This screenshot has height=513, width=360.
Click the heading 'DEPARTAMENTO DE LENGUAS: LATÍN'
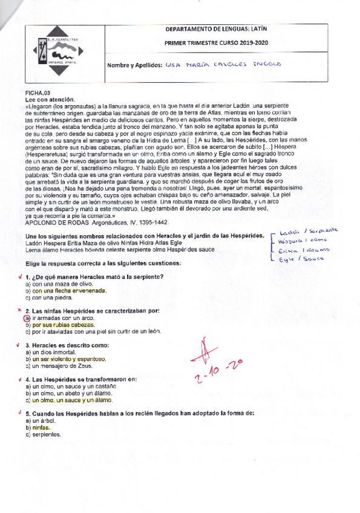pyautogui.click(x=219, y=29)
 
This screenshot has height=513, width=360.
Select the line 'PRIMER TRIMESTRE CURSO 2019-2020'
pyautogui.click(x=219, y=44)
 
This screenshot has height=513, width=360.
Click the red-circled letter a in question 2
pyautogui.click(x=27, y=318)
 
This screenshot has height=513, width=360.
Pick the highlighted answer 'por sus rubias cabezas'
pyautogui.click(x=64, y=324)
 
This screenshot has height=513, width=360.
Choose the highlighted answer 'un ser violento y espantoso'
pyautogui.click(x=70, y=359)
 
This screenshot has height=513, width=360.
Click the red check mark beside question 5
pyautogui.click(x=20, y=413)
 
